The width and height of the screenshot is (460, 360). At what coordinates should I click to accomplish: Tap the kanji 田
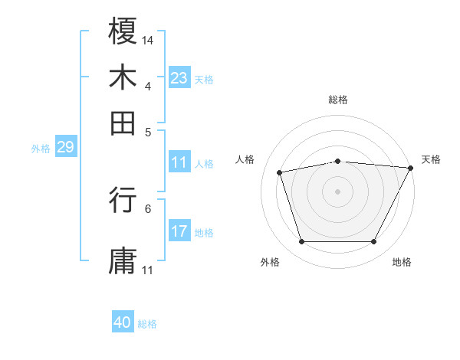click(x=123, y=122)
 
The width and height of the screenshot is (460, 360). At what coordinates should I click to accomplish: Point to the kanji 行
click(x=123, y=200)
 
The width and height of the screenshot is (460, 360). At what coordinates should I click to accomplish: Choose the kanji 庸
click(x=123, y=260)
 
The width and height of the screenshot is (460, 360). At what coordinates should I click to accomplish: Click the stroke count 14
click(x=148, y=40)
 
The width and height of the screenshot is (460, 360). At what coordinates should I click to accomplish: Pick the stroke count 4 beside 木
click(x=148, y=85)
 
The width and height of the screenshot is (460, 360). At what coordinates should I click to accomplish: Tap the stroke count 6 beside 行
click(x=148, y=208)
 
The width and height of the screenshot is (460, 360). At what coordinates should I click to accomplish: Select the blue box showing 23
click(x=179, y=77)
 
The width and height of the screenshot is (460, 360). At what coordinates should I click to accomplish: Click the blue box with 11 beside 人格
click(x=179, y=162)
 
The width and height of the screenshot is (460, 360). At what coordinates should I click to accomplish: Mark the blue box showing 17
click(x=179, y=231)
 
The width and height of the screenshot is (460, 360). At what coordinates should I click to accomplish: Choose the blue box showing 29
click(x=65, y=148)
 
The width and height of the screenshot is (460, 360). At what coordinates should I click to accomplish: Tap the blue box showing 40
click(x=123, y=322)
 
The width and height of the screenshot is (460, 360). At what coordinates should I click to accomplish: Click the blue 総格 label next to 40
click(x=147, y=324)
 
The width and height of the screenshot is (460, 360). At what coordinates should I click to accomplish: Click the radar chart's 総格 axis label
click(x=338, y=100)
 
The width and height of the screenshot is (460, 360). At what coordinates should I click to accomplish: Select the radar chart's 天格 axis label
click(x=431, y=159)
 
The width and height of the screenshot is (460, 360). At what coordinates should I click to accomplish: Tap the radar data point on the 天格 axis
click(x=411, y=168)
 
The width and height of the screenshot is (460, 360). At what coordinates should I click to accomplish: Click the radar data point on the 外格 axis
click(x=301, y=242)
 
